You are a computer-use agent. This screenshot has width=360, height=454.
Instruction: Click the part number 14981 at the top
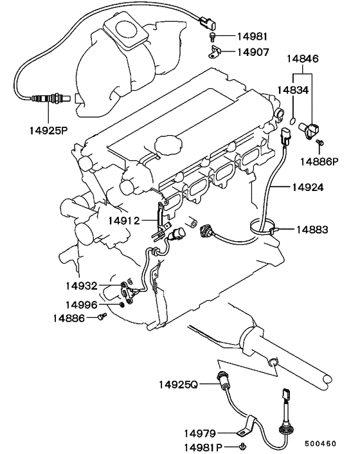coord(252,37)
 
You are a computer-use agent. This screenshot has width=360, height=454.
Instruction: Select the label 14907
coord(253,52)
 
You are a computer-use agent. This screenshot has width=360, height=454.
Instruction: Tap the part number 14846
coord(302,59)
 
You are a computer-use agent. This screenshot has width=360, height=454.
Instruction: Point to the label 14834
coord(293,90)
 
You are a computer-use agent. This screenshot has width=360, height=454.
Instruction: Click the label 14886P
coord(319,161)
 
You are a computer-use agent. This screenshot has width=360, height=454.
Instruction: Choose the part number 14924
coord(308,187)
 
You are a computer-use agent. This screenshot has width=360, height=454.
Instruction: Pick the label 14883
coord(312,230)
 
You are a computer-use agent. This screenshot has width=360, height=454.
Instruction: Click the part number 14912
coord(124,221)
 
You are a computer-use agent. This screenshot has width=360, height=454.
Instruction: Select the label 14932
coord(81,286)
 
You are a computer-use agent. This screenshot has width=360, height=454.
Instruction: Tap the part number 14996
coord(81,305)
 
